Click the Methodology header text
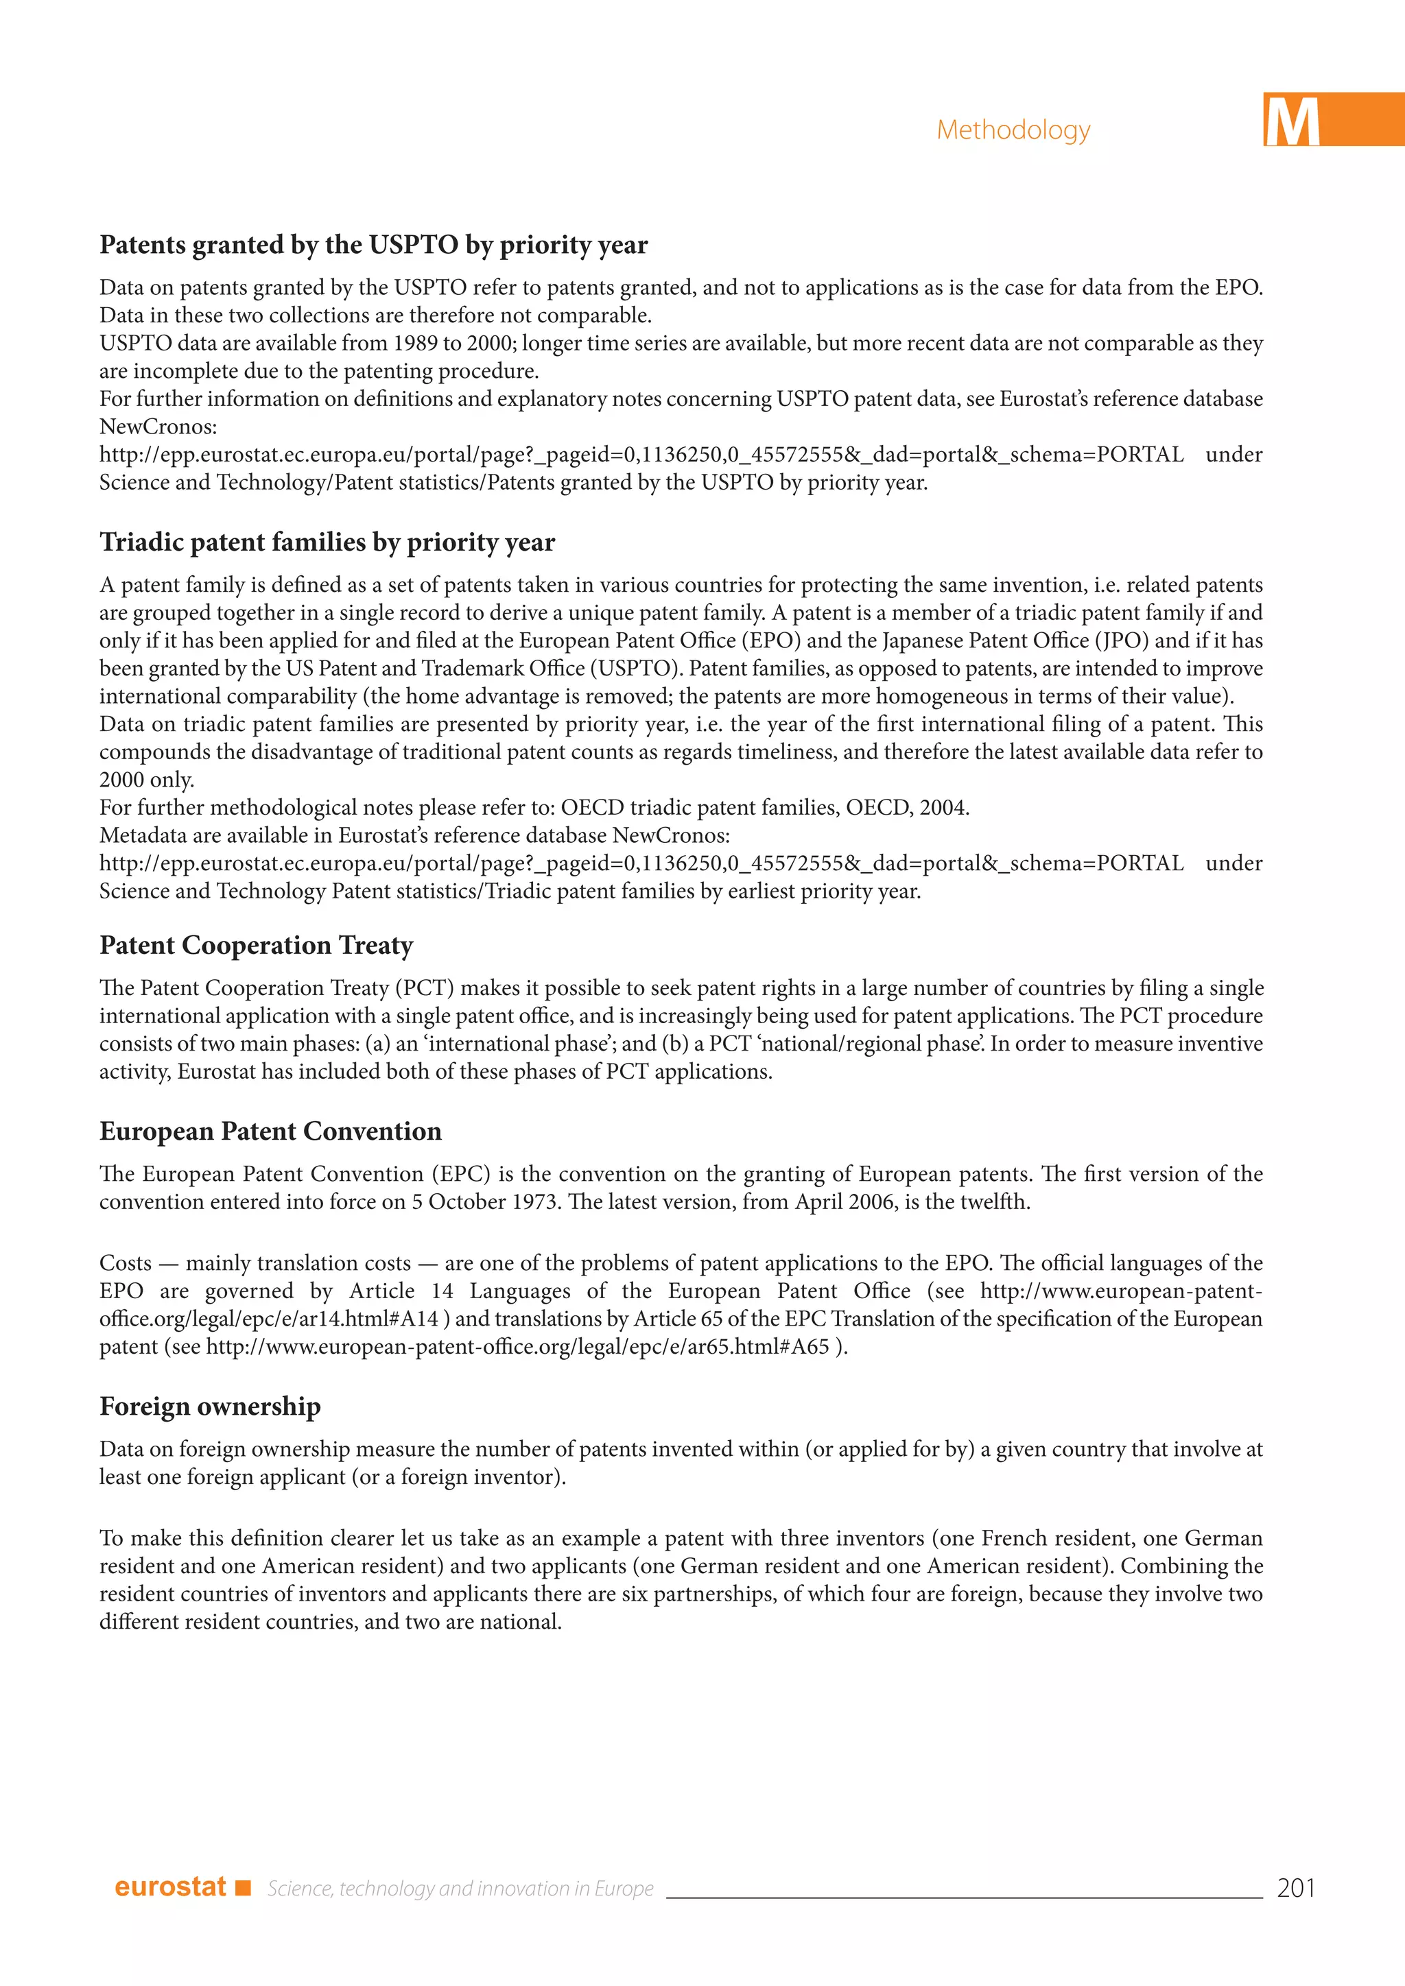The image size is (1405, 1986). [1013, 130]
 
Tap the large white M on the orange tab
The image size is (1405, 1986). [1292, 122]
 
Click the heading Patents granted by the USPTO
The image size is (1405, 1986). [373, 245]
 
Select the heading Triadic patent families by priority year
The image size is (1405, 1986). [327, 542]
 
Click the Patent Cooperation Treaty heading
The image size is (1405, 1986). [256, 946]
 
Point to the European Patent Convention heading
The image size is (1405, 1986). [270, 1132]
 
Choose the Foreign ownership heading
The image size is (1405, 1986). [210, 1407]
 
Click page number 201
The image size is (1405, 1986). [1295, 1887]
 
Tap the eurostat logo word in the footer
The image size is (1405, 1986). [170, 1887]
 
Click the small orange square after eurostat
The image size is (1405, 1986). [243, 1887]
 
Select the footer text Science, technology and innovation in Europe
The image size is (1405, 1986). [460, 1888]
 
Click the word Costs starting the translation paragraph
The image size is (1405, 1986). [126, 1264]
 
